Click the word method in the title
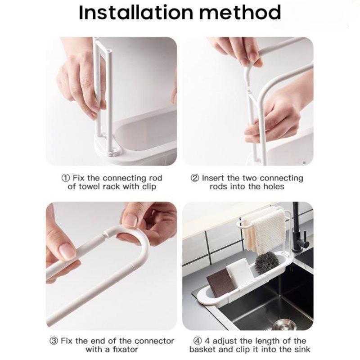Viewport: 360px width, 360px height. point(240,13)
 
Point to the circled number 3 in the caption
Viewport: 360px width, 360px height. point(54,341)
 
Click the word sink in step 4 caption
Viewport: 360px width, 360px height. point(301,350)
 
